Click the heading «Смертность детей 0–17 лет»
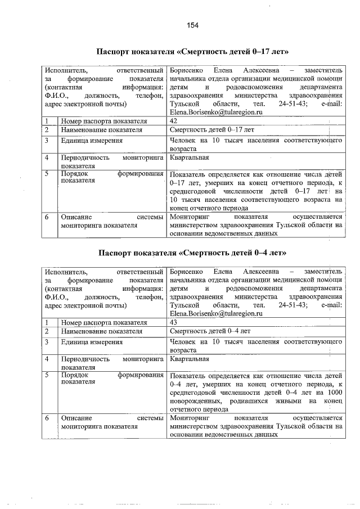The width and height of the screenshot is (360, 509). tap(193, 52)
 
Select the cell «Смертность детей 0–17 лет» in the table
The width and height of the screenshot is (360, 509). tap(211, 130)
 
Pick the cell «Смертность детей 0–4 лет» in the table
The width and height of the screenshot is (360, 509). tap(210, 331)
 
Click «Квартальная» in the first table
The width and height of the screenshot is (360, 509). tap(189, 158)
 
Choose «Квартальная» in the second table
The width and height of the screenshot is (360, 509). tap(189, 359)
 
